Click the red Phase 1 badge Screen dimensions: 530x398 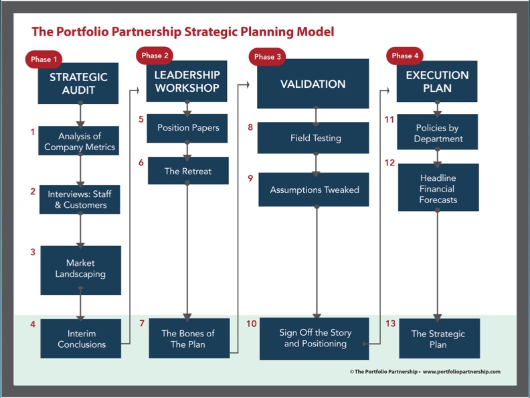coord(43,59)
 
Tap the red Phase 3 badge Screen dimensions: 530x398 coord(268,56)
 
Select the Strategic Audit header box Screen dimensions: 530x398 coord(78,83)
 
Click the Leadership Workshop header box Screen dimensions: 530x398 coord(187,81)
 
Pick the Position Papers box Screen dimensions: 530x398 coord(187,128)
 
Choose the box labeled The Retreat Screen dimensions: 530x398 coord(188,171)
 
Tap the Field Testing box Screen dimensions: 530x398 coord(313,138)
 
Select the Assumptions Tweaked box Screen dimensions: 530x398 coord(314,190)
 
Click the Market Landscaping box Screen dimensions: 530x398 coord(81,270)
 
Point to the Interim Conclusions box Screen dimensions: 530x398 coord(81,338)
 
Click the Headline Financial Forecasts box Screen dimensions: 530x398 coord(438,188)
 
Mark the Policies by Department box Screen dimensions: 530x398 coord(438,132)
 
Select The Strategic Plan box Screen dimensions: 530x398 coord(440,338)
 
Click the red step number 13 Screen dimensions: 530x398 coord(390,324)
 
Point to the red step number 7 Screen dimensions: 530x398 coord(142,323)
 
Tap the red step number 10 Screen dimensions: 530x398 coord(252,324)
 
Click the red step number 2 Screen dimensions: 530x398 coord(33,192)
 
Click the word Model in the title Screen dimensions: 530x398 coord(315,31)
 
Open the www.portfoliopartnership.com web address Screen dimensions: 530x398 coord(461,372)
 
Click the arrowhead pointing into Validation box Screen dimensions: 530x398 coord(248,84)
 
